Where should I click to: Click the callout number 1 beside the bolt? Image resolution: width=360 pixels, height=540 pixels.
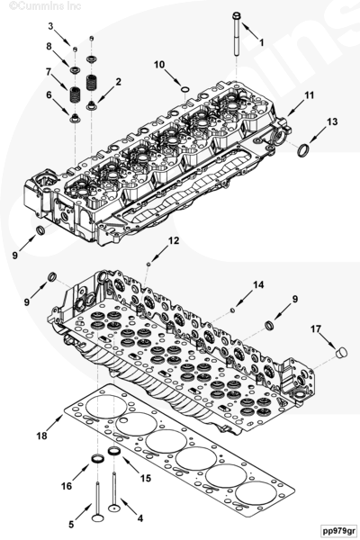tap(262, 42)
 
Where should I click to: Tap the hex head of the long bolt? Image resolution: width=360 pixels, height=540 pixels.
tap(237, 16)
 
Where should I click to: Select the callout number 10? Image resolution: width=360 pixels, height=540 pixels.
tap(159, 65)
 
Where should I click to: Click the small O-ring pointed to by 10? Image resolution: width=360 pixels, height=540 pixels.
tap(185, 90)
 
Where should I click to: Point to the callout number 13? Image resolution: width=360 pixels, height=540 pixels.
tap(332, 121)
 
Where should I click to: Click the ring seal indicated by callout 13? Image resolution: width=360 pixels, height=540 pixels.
tap(303, 149)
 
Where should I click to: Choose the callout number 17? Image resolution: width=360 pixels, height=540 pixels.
tap(316, 329)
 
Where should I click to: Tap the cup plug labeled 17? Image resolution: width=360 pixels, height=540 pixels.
tap(342, 353)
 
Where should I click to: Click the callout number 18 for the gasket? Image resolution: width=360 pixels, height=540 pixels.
tap(41, 436)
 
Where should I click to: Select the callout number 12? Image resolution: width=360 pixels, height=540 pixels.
tap(174, 240)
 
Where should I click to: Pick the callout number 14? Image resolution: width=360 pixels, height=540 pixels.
tap(258, 284)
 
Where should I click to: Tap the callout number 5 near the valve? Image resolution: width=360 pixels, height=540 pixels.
tap(71, 525)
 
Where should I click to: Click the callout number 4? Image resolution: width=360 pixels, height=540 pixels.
tap(139, 517)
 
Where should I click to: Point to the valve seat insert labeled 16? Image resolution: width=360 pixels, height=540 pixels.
tap(97, 459)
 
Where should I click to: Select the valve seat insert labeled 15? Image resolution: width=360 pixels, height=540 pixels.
tap(113, 451)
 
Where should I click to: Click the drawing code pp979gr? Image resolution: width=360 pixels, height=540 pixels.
tap(337, 530)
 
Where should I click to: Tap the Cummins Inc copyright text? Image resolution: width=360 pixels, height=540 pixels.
tap(45, 6)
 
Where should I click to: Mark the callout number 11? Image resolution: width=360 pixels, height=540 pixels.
tap(309, 94)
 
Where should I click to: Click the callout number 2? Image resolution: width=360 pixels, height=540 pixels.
tap(119, 82)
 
